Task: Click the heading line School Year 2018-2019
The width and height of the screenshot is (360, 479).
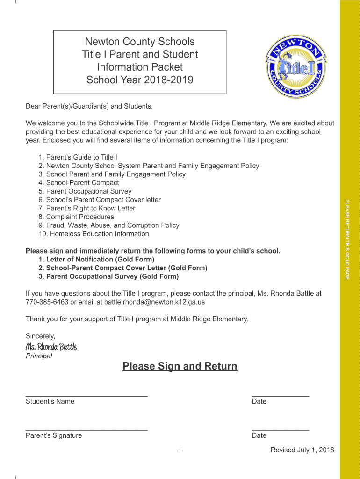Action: [x=140, y=80]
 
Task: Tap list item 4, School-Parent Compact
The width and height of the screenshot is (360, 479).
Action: [x=79, y=183]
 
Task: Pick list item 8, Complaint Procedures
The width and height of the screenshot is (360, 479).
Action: [x=76, y=217]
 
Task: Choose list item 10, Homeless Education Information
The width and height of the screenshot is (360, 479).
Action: [x=94, y=234]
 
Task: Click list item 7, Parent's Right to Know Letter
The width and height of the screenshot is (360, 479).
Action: [x=87, y=208]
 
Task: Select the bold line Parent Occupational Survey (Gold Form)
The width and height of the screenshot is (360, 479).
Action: [x=108, y=276]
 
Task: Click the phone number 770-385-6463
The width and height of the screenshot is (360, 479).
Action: [x=47, y=302]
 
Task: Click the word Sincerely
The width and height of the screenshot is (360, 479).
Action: [x=40, y=336]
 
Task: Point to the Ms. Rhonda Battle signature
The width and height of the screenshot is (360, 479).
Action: [x=51, y=347]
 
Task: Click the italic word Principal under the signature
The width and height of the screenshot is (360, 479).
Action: [x=39, y=356]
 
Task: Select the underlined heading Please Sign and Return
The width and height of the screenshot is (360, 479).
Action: [x=180, y=366]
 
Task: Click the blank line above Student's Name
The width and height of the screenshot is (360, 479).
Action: [x=86, y=396]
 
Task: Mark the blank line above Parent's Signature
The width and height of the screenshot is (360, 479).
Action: [x=86, y=429]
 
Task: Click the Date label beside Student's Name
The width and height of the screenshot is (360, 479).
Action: [x=259, y=401]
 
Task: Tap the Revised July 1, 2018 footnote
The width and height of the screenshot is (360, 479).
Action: [x=302, y=450]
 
